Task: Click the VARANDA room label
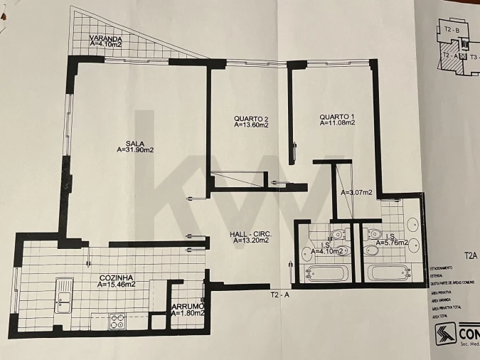point(106,38)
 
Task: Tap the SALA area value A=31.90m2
point(136,150)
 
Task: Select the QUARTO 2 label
point(251,118)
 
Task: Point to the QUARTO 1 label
point(336,117)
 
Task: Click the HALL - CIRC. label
point(251,233)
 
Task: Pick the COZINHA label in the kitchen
point(117,277)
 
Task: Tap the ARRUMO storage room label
point(188,307)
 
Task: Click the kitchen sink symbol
point(65,292)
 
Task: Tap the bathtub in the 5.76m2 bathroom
point(388,272)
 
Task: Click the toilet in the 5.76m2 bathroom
point(375,235)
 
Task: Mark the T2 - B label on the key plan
point(452,29)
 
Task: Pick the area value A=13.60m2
point(251,125)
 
